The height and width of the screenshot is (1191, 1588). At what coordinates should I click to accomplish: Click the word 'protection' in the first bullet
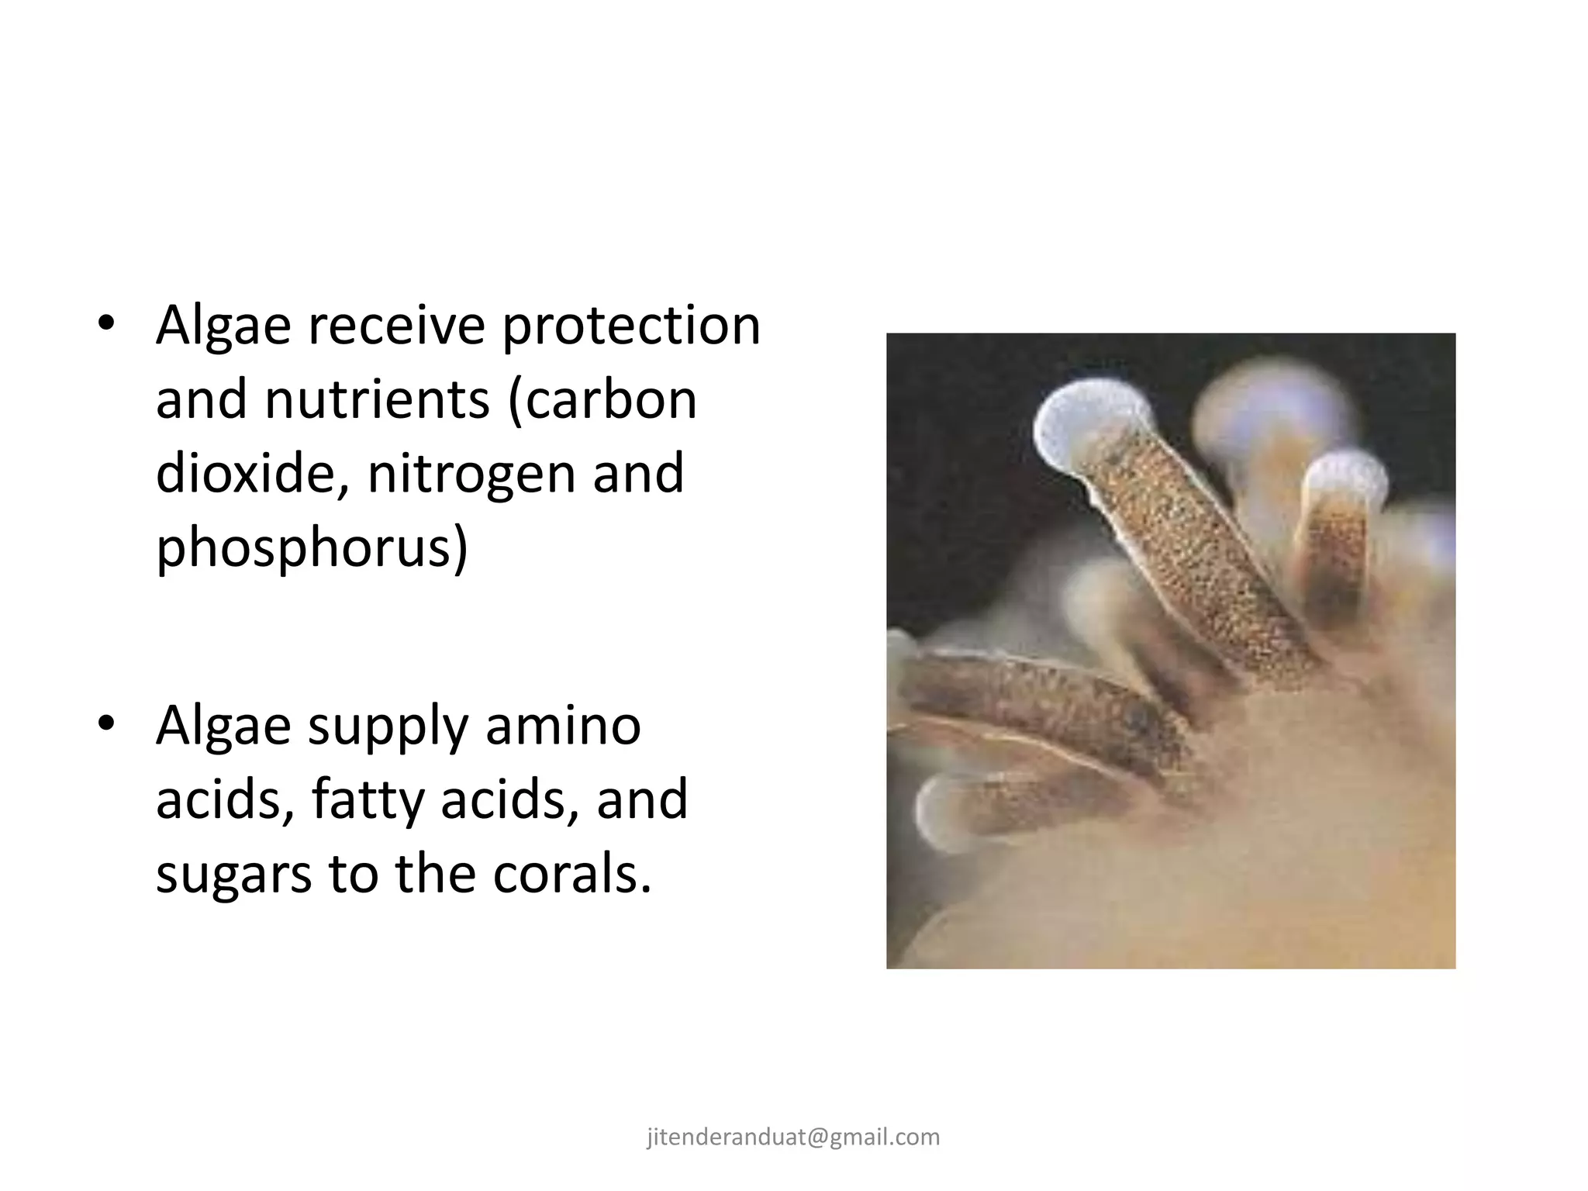click(x=630, y=326)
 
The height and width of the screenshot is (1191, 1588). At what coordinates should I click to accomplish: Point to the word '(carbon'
click(x=602, y=401)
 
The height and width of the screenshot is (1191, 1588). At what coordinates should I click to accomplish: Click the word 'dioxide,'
click(x=254, y=474)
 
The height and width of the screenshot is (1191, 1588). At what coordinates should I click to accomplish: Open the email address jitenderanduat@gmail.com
click(x=793, y=1137)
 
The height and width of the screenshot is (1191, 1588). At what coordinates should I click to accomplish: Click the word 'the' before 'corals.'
click(x=435, y=874)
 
